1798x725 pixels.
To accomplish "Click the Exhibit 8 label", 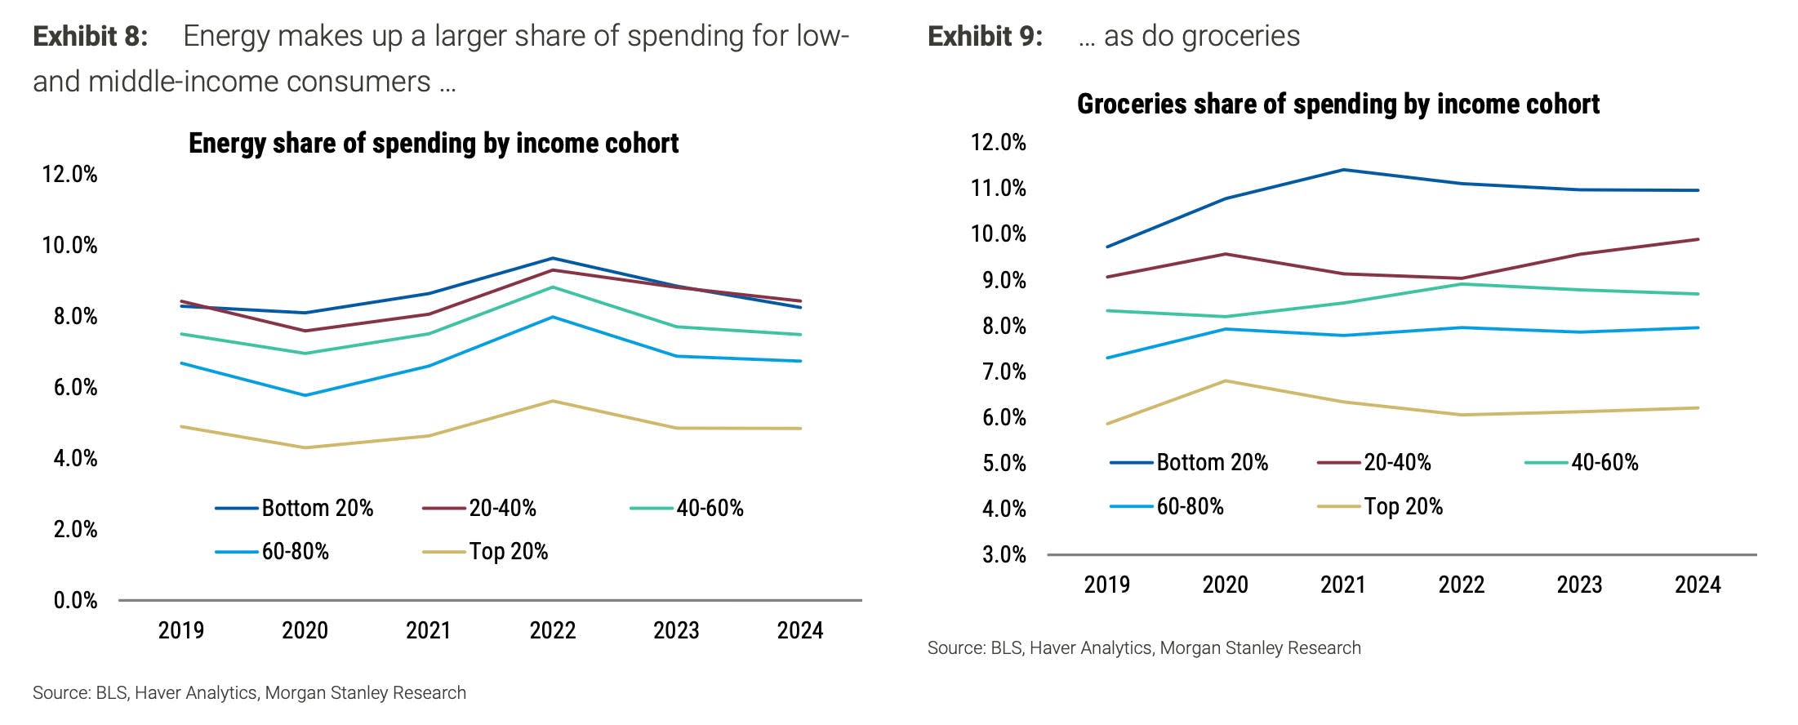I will coord(90,37).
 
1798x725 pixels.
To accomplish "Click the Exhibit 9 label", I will coord(985,37).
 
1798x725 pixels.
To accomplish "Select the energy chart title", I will coord(434,143).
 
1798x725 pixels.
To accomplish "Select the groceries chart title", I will coord(1337,105).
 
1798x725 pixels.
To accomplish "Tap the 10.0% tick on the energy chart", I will coord(69,245).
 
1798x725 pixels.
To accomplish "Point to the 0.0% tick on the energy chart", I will coord(75,601).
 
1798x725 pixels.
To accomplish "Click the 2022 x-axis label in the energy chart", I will coord(553,630).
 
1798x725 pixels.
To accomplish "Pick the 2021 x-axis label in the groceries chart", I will coord(1343,585).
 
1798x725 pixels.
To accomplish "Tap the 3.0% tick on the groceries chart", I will coord(1004,555).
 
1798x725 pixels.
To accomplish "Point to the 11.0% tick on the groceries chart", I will coord(998,189).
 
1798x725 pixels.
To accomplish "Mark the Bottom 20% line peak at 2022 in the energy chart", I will coord(553,258).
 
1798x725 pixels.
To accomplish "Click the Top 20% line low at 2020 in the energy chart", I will coord(305,447).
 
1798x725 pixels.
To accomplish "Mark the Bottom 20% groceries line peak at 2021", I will coord(1343,170).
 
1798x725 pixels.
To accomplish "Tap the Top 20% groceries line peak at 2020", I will coord(1225,380).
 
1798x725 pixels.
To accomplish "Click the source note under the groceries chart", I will coord(1144,648).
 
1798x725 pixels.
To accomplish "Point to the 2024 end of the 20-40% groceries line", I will coord(1698,239).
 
